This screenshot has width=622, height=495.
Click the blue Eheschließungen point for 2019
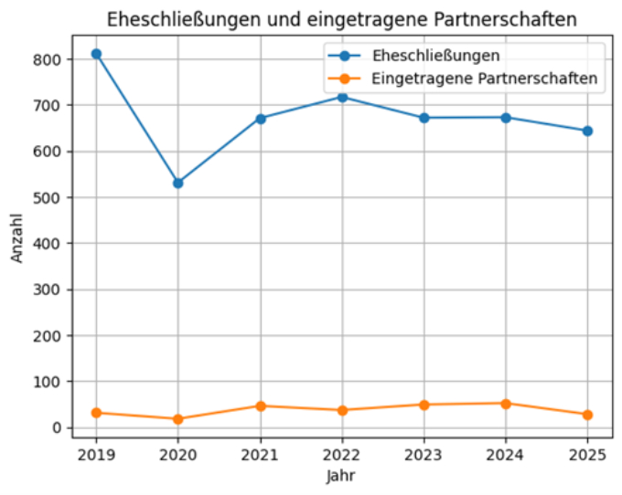[x=96, y=54]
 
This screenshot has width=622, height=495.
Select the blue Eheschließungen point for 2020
[x=177, y=183]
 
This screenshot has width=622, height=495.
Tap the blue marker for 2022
[x=342, y=97]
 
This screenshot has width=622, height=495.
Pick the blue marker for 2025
[x=587, y=131]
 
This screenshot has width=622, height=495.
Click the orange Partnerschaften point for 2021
[x=260, y=405]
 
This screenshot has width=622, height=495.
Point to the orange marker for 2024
[x=506, y=403]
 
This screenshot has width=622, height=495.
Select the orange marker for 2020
[x=177, y=419]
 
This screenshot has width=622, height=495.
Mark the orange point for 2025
[x=587, y=415]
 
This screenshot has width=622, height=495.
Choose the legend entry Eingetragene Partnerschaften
[x=484, y=79]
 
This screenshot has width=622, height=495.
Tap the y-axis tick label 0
[x=57, y=427]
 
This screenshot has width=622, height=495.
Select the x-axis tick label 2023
[x=424, y=454]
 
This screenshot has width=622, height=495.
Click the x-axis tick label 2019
[x=96, y=454]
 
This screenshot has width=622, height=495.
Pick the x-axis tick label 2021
[x=260, y=454]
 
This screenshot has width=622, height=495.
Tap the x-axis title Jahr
[x=341, y=476]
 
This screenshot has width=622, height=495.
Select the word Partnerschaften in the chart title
[x=511, y=19]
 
